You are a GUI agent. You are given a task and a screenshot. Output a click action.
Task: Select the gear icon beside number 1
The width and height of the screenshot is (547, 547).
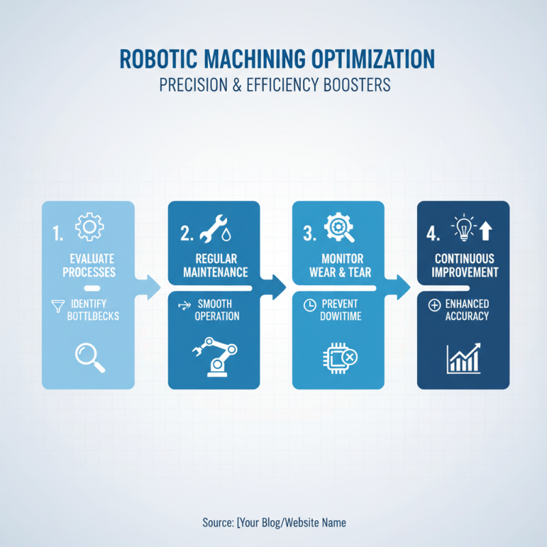click(88, 228)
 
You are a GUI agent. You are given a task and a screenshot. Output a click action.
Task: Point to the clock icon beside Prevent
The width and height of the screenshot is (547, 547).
click(308, 304)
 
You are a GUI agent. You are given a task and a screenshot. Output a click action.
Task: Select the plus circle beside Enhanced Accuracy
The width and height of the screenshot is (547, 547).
click(433, 305)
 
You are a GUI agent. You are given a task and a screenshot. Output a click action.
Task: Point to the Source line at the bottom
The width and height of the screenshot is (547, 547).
click(274, 522)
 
